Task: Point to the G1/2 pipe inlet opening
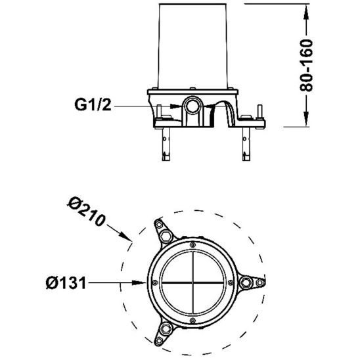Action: pos(192,105)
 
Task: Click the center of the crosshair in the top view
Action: pos(192,282)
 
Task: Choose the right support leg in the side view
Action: pos(248,141)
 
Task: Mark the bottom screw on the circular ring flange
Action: pos(192,321)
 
